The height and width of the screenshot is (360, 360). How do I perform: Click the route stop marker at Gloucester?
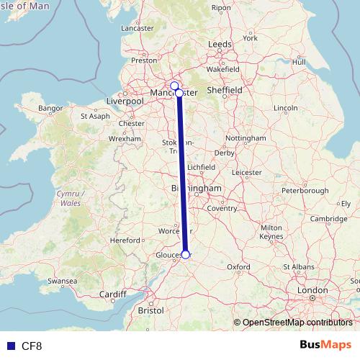(186, 254)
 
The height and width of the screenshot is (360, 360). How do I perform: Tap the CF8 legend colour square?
(11, 346)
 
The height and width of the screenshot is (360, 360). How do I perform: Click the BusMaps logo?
(325, 346)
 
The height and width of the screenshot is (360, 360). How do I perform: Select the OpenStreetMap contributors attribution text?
(297, 322)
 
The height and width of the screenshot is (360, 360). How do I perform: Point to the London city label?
(312, 291)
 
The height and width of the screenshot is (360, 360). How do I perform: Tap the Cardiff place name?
(113, 294)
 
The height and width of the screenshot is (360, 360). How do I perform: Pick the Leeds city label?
(220, 44)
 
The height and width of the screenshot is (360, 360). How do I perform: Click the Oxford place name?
(239, 266)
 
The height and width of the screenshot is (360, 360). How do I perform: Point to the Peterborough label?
(305, 191)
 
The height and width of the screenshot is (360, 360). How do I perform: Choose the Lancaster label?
(138, 28)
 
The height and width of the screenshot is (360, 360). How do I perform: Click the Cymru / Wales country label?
(71, 199)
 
